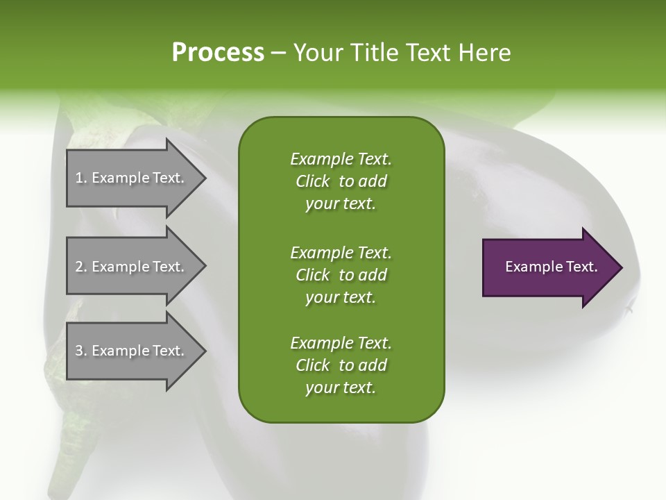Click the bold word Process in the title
tap(218, 53)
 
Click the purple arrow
tap(548, 267)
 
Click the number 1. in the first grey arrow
tap(81, 178)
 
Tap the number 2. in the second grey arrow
tap(81, 267)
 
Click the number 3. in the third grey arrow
tap(81, 351)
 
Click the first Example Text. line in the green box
tap(341, 159)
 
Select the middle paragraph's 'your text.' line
tap(341, 297)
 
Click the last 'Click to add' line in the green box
tap(341, 365)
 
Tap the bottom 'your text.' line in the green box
tap(341, 388)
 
